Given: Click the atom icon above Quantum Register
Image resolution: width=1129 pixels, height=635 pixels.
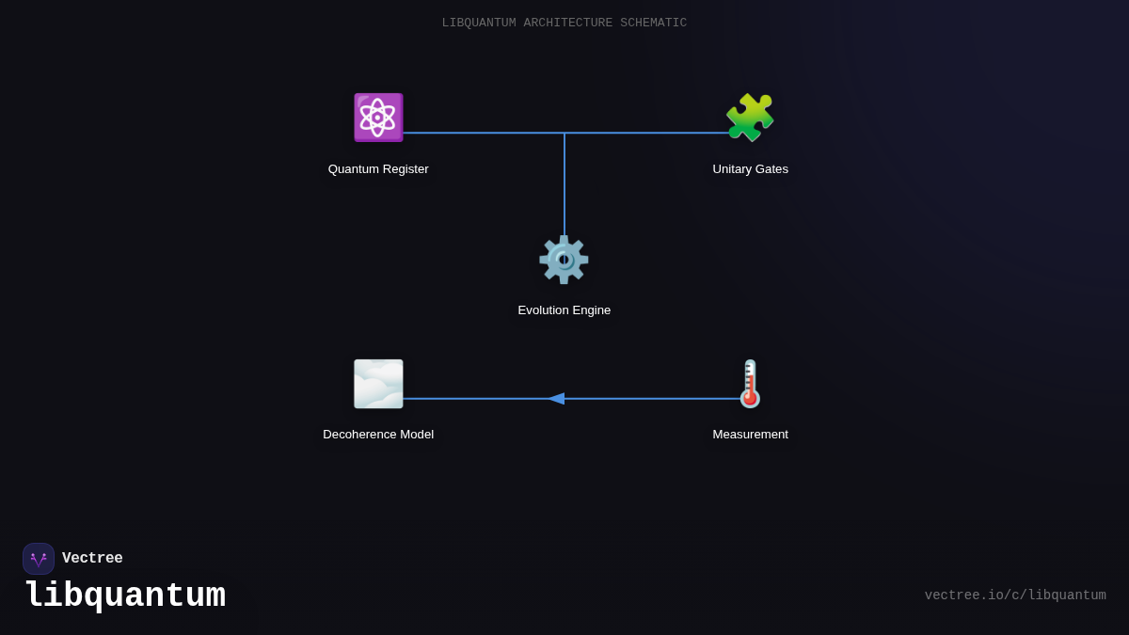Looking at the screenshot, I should coord(378,118).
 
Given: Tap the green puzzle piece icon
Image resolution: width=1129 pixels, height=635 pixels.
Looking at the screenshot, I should coord(750,118).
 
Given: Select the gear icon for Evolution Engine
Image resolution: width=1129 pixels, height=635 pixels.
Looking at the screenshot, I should coord(564,260).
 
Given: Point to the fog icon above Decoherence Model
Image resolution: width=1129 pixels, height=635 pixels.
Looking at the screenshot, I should coord(378,384).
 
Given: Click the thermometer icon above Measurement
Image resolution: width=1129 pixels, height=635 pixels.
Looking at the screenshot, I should coord(750,384).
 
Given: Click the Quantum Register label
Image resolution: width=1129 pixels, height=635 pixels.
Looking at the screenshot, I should coord(378,169).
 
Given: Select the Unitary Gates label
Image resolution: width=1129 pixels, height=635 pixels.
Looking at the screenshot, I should coord(750,169).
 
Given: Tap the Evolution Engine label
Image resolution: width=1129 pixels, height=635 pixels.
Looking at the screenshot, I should coord(564,310).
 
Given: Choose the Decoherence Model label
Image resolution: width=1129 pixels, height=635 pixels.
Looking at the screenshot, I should coord(378,435).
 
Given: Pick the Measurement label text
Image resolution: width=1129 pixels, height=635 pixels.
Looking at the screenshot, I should coord(750,435).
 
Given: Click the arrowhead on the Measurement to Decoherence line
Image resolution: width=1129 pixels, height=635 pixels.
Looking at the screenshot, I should coord(556,399).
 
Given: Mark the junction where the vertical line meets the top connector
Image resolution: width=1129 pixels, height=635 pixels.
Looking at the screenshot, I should coord(564,133).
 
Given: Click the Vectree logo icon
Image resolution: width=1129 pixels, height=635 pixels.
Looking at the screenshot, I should coord(39,559).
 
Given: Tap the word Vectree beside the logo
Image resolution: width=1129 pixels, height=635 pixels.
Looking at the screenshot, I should coord(92,559).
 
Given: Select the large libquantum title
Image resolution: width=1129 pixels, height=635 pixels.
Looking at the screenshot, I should coord(125,596).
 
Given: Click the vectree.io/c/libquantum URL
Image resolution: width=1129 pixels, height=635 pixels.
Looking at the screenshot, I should coord(1015,595).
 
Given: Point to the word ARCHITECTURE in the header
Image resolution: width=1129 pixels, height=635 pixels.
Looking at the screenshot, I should coord(567,23).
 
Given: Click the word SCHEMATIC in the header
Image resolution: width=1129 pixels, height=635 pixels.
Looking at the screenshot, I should coord(653,23).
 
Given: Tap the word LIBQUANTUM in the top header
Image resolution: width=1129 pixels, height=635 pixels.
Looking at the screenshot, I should coord(479,23).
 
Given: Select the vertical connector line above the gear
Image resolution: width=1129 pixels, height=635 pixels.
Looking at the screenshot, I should coord(564,183).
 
